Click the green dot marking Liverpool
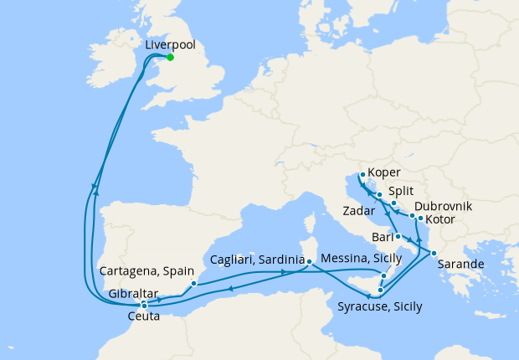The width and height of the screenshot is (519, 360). (x=170, y=57)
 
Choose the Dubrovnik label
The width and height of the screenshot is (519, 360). (x=443, y=206)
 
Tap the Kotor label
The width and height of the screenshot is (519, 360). (x=441, y=220)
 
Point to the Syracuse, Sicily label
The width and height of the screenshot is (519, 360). (x=380, y=306)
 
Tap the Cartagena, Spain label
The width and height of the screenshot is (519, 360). (x=146, y=272)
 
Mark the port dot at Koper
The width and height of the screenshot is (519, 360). (x=361, y=175)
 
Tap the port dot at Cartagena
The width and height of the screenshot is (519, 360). (x=193, y=283)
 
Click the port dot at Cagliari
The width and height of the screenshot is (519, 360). (x=309, y=262)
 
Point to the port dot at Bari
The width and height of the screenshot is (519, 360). (x=398, y=237)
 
